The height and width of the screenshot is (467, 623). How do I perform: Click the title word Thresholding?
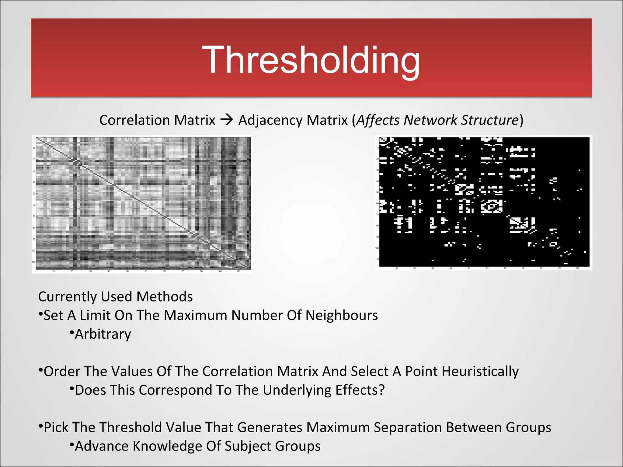tap(311, 60)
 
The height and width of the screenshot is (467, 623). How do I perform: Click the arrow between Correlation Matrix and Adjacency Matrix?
tap(227, 120)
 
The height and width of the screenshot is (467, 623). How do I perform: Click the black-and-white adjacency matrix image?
tap(484, 202)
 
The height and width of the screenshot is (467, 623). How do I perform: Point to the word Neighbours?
tap(342, 315)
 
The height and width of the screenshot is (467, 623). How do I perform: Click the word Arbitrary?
tap(103, 334)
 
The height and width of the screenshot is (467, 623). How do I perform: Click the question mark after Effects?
tap(381, 390)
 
